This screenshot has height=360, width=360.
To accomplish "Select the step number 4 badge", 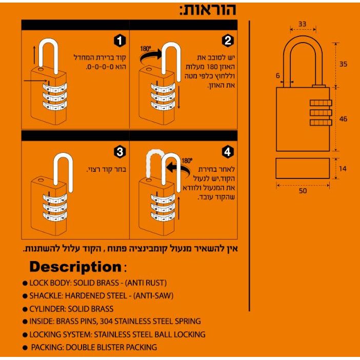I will pyautogui.click(x=228, y=152).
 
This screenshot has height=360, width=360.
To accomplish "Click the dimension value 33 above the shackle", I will pyautogui.click(x=302, y=24).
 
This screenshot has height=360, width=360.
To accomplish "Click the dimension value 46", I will pyautogui.click(x=343, y=119).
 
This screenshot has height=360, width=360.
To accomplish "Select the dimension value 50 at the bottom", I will pyautogui.click(x=303, y=190).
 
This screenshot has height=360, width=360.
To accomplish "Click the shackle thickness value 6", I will pyautogui.click(x=277, y=75).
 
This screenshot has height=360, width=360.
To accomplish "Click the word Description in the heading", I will pyautogui.click(x=74, y=267).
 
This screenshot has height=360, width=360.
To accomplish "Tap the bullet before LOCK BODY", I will pyautogui.click(x=25, y=283).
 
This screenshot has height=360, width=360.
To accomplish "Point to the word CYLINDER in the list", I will pyautogui.click(x=46, y=309).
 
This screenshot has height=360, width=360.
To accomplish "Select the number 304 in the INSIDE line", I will pyautogui.click(x=121, y=322).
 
